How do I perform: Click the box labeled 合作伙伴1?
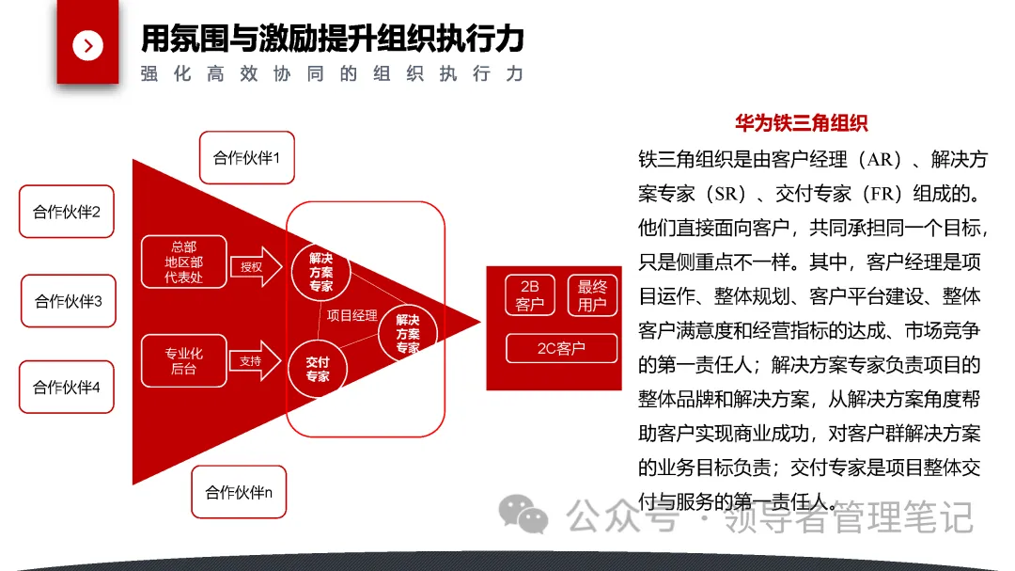point(246,157)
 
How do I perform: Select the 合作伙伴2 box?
point(67,212)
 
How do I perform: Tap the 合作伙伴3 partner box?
point(69,301)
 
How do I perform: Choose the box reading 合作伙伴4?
point(67,387)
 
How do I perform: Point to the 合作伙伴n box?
point(239,491)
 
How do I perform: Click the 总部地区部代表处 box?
point(183,262)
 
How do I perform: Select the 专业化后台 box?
point(183,360)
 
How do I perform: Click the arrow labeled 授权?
point(255,267)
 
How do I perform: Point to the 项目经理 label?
point(351,315)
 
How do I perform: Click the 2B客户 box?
point(530,294)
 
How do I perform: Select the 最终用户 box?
point(592,295)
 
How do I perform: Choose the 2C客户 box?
point(561,349)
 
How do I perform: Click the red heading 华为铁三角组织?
point(801,123)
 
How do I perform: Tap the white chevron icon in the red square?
point(88,45)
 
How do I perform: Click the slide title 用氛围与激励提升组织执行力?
point(332,39)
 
